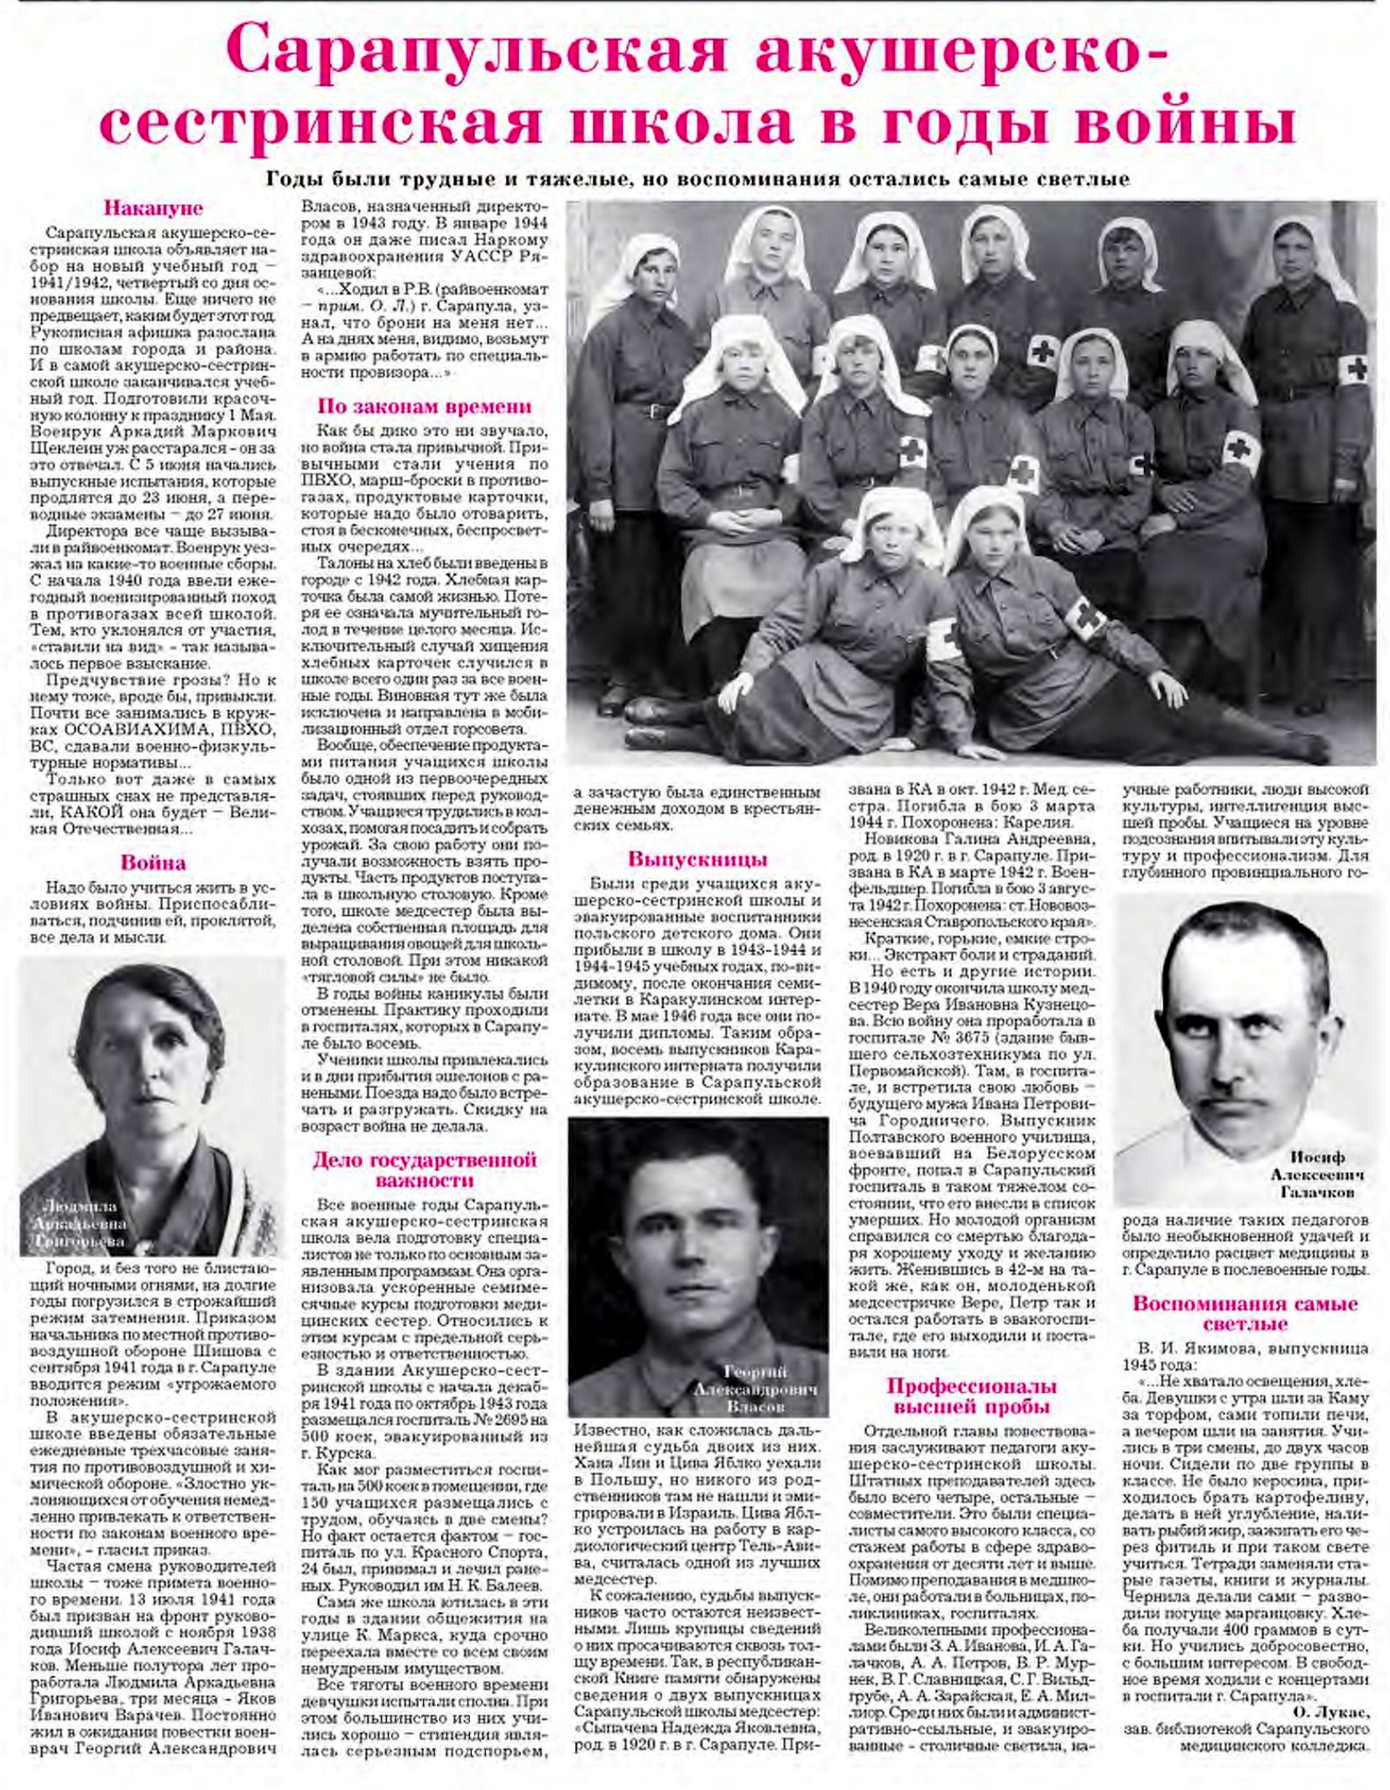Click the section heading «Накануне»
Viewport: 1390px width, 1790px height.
(x=153, y=207)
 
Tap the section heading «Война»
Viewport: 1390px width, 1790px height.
(x=153, y=863)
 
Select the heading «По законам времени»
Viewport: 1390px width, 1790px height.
(x=424, y=406)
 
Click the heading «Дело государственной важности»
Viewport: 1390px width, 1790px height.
(x=424, y=1170)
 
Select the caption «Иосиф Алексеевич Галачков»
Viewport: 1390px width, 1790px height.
(x=1316, y=1175)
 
